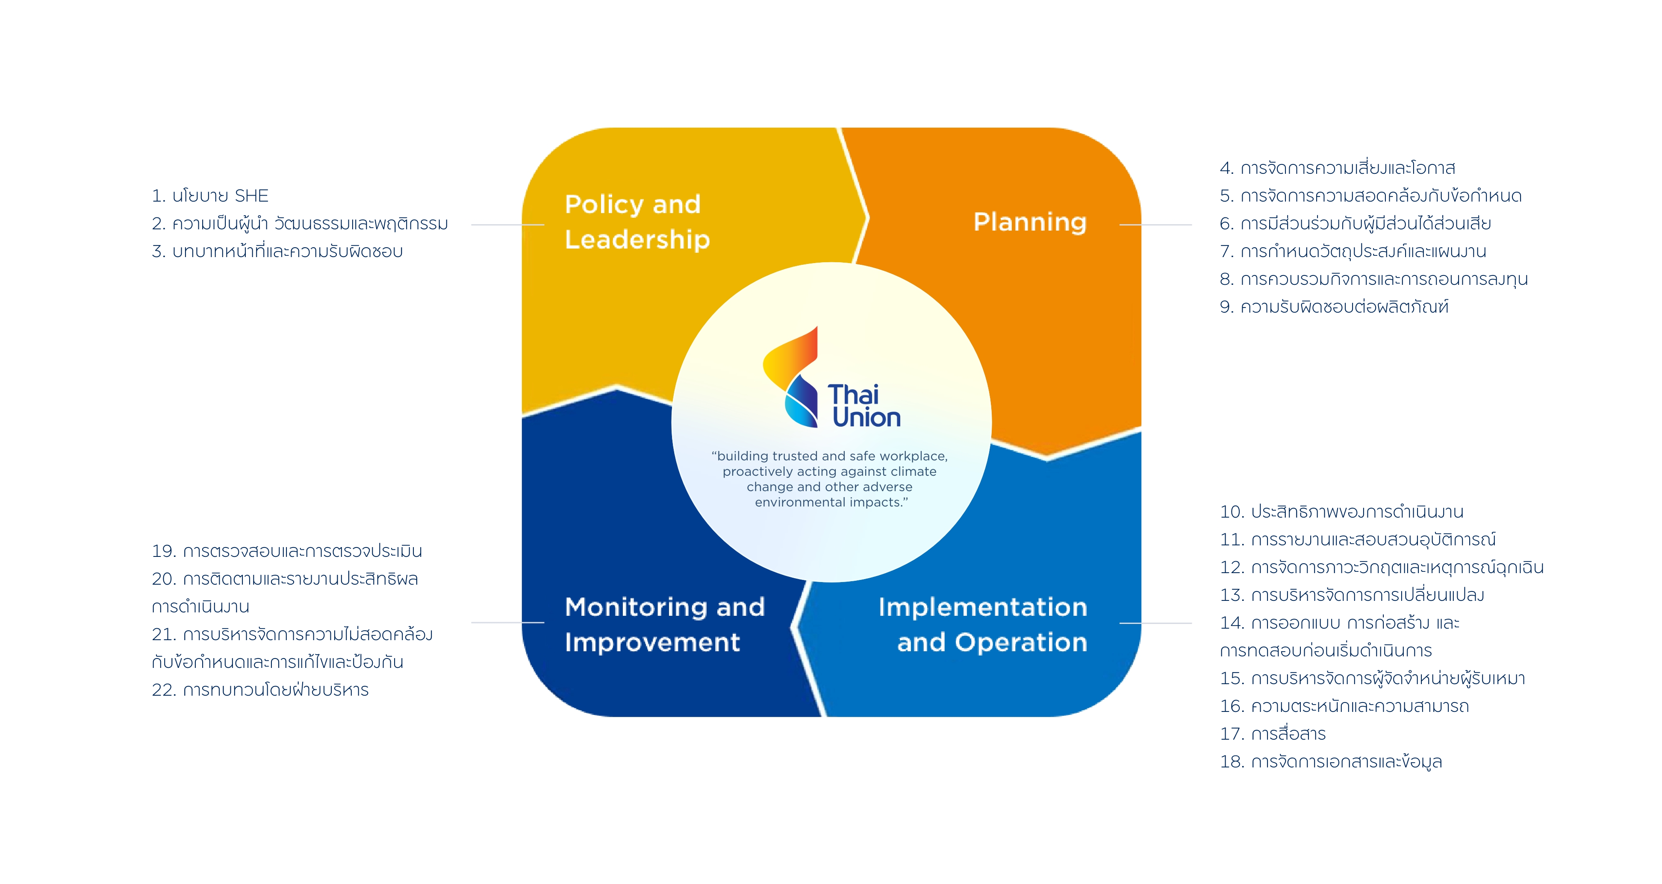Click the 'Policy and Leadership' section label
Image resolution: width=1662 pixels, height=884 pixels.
(x=637, y=222)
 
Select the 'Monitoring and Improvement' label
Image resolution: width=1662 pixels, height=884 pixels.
(x=665, y=624)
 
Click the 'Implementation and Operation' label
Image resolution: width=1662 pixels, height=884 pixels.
(x=983, y=624)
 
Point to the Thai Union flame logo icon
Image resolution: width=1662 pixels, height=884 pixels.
(x=791, y=377)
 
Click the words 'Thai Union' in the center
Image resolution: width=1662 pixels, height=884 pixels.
(x=864, y=406)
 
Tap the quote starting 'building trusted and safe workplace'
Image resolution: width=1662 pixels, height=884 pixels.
(x=830, y=479)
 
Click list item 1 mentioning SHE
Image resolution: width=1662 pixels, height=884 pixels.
(x=210, y=195)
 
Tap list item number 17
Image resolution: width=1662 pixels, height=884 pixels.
(x=1272, y=734)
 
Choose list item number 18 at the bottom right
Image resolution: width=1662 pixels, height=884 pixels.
(x=1330, y=761)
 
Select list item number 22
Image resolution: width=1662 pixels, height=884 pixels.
(x=260, y=690)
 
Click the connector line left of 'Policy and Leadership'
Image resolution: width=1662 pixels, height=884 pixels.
(x=508, y=225)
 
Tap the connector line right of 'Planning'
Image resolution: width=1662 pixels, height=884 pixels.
(x=1155, y=225)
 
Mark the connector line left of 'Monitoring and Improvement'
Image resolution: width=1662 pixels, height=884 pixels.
(x=508, y=623)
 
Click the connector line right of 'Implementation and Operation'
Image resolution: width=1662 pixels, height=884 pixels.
(x=1155, y=623)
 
